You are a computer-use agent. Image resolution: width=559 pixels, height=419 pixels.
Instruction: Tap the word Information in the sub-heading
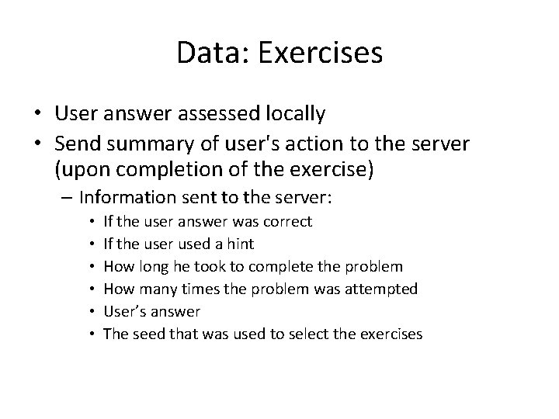[x=133, y=198]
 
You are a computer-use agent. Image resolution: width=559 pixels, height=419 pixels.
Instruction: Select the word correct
[x=288, y=222]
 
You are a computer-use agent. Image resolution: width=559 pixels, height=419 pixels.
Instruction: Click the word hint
[x=238, y=244]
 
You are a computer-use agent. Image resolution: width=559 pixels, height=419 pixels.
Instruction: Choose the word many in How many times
[x=159, y=289]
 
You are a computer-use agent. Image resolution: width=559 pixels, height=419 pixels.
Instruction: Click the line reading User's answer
[x=151, y=312]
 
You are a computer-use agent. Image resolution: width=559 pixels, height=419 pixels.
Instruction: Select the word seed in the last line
[x=148, y=334]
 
